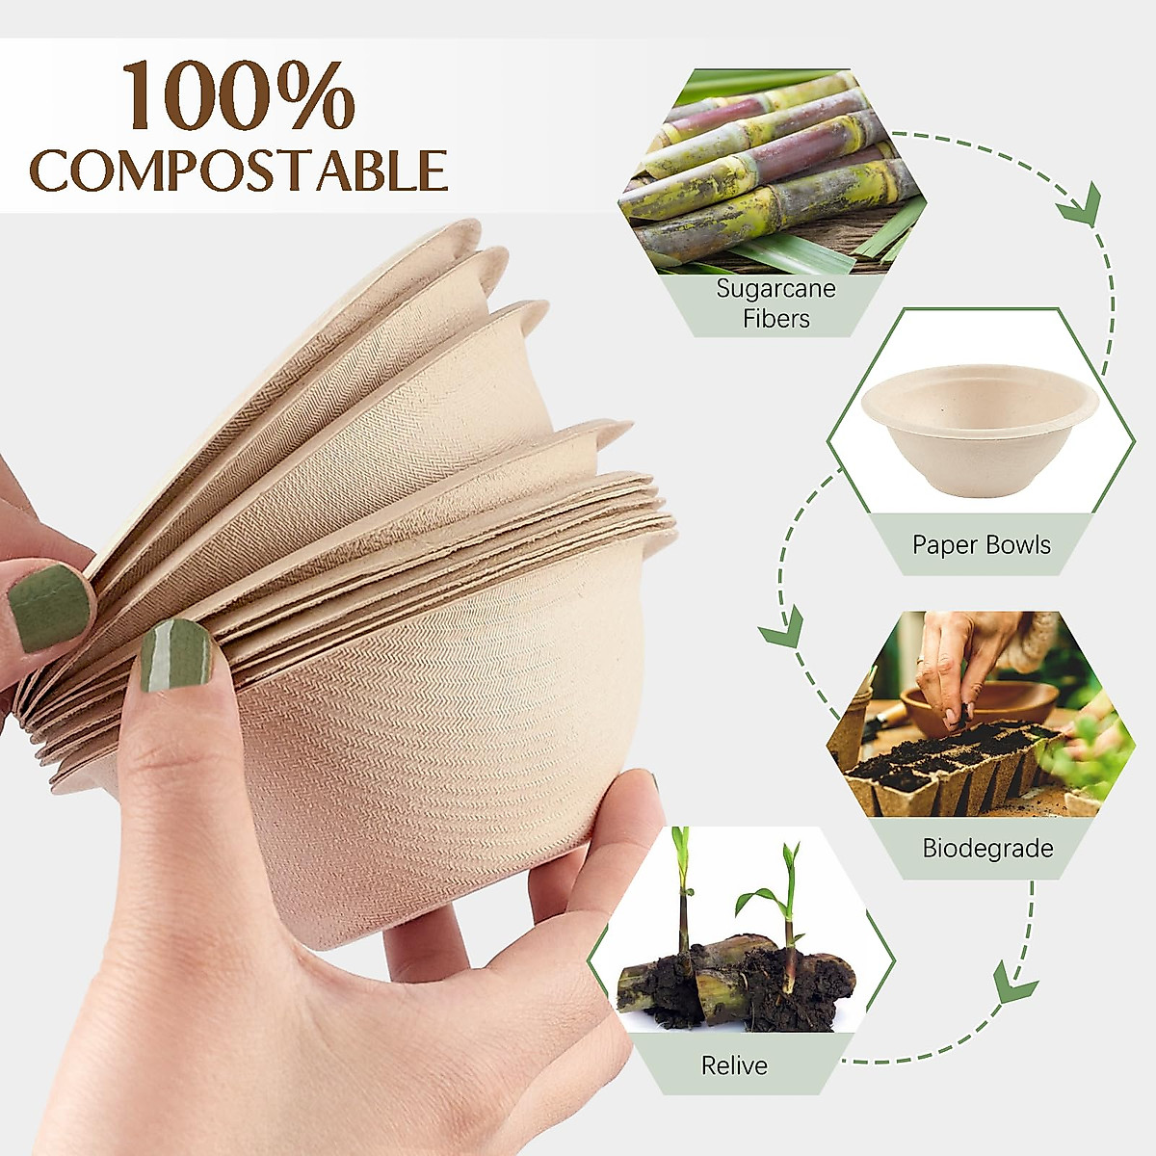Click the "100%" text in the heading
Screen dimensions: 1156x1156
(238, 96)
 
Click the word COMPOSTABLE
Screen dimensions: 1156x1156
(238, 171)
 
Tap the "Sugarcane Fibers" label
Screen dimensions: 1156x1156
(775, 303)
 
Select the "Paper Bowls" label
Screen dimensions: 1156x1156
(981, 545)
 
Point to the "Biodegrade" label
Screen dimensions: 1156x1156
(987, 849)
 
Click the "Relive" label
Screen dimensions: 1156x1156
(734, 1065)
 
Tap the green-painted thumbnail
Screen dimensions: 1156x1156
(48, 607)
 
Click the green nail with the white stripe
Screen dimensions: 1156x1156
(175, 655)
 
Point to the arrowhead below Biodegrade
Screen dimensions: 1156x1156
(1013, 985)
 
